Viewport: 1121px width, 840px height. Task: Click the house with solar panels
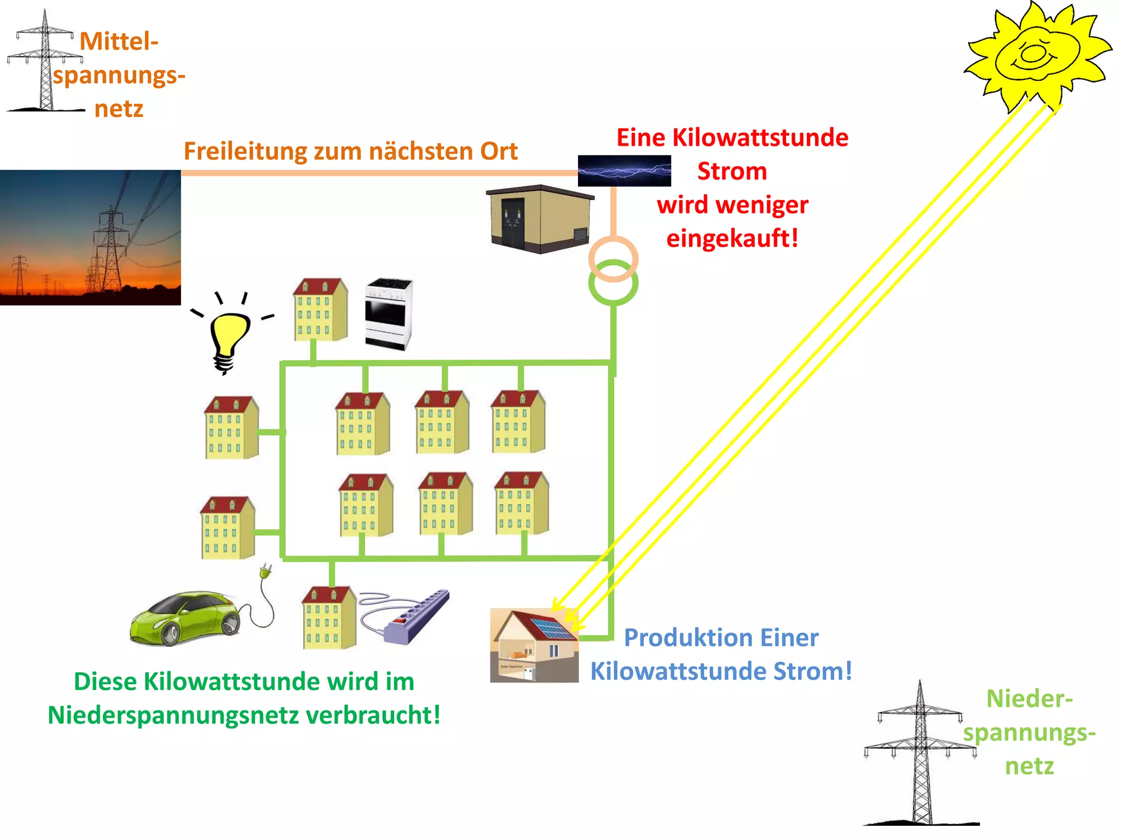pos(534,645)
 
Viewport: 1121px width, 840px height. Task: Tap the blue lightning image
pos(624,171)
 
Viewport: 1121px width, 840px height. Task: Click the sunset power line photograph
pos(90,237)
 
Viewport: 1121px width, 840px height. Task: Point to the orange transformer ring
pos(613,249)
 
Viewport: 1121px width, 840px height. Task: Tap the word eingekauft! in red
pos(732,238)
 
